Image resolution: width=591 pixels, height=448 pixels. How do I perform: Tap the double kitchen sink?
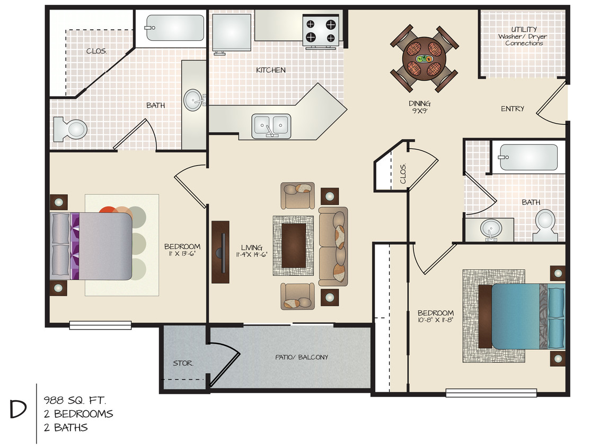271,125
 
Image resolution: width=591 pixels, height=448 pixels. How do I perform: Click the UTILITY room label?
524,30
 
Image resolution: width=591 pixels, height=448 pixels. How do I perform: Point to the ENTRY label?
513,109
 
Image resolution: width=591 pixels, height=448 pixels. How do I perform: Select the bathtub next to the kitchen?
175,28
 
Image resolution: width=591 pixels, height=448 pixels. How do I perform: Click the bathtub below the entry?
529,157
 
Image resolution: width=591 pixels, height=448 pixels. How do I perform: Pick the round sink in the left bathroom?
194,99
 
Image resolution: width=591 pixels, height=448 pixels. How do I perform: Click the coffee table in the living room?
293,245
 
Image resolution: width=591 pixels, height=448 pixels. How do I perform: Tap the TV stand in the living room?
220,252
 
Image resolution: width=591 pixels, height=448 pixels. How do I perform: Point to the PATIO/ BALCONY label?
301,357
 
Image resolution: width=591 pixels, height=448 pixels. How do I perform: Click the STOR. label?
183,364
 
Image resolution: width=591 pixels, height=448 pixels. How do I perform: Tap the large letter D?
18,410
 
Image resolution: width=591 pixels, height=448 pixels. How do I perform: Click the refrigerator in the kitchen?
231,32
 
